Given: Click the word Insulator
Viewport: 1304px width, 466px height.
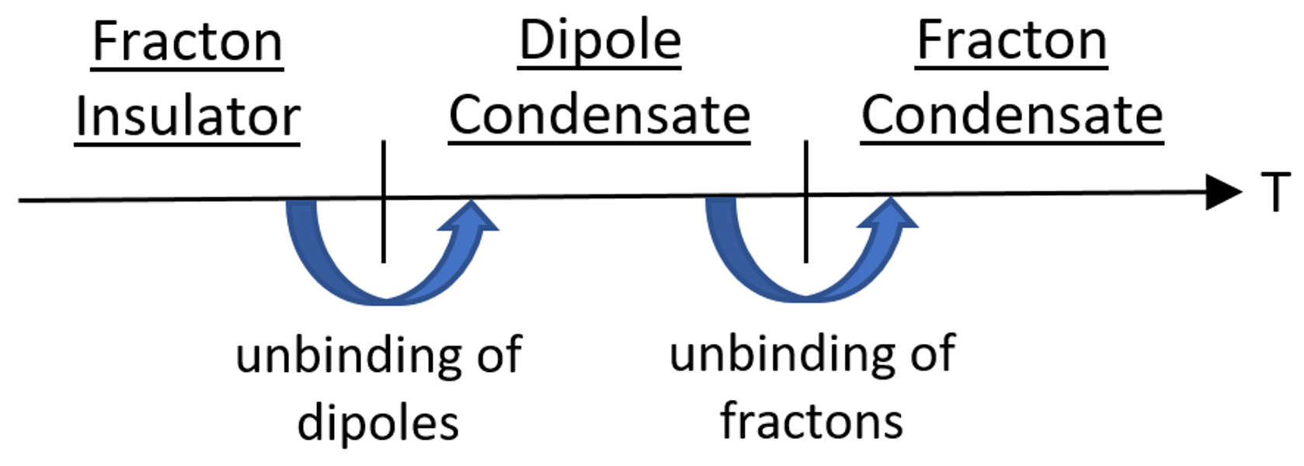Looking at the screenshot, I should [187, 116].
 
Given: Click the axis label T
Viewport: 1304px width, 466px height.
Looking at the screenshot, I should [1274, 192].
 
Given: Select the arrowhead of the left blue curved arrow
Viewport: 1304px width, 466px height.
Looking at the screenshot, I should [471, 217].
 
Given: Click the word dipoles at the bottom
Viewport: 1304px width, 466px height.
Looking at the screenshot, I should [377, 424].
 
